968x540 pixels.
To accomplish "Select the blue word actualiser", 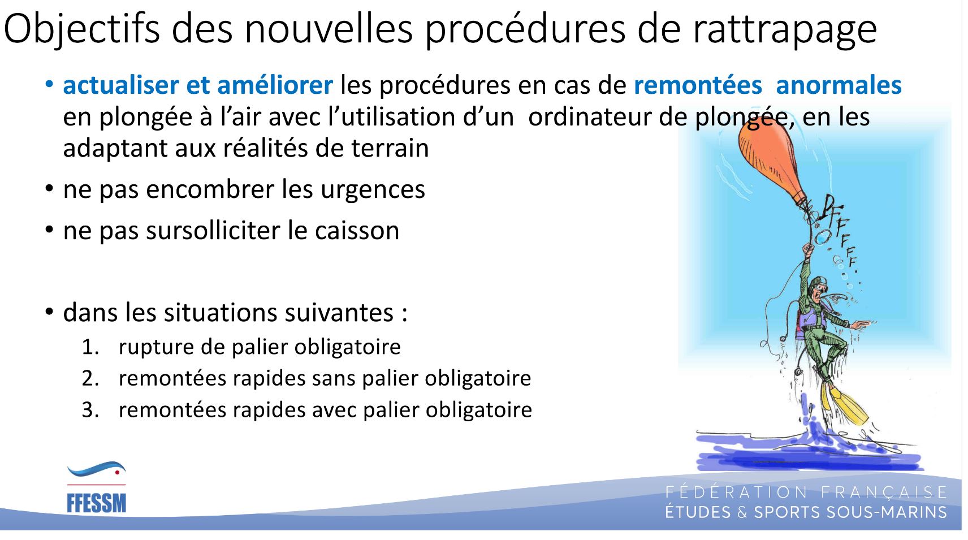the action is click(x=120, y=85).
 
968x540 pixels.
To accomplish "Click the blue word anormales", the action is click(x=839, y=85).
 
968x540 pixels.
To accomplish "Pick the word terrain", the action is click(x=390, y=148).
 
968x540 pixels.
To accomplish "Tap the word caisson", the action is click(x=357, y=231).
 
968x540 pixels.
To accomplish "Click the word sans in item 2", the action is click(x=334, y=379).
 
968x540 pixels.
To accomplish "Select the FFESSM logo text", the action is click(x=96, y=504).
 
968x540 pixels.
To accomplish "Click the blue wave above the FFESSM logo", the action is click(x=96, y=468).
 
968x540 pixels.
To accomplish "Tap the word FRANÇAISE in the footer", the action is click(x=884, y=493).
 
